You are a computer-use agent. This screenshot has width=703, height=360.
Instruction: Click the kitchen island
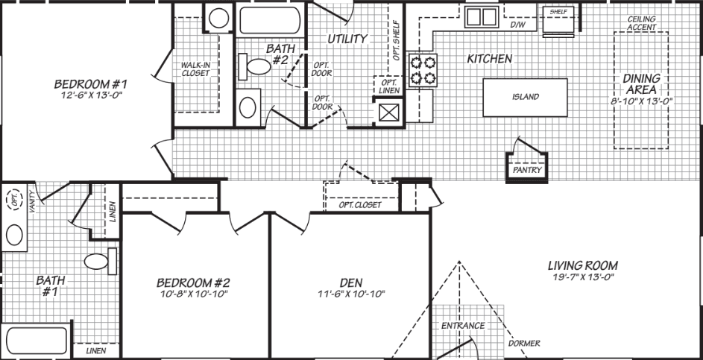(525, 97)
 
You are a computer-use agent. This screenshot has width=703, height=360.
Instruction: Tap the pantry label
(526, 170)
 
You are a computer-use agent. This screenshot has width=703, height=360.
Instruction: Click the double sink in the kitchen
(480, 16)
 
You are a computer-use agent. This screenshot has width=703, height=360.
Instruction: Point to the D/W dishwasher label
(518, 25)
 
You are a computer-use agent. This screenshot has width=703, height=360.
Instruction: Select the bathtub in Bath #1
(34, 341)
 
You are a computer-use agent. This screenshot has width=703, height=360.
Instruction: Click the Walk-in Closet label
(195, 69)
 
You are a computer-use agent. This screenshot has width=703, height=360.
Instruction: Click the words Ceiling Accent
(641, 23)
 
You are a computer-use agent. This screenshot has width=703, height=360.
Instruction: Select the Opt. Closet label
(360, 204)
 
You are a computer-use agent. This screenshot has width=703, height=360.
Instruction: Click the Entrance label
(462, 326)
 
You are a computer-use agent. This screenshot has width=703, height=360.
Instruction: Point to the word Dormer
(524, 344)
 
